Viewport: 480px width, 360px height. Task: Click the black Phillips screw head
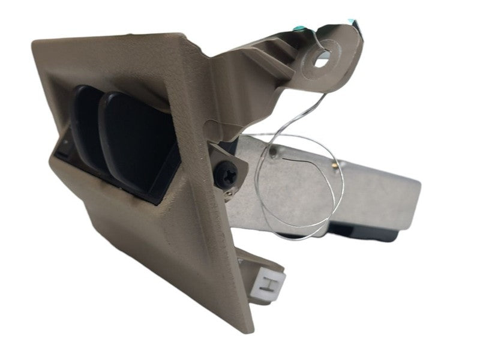point(226,175)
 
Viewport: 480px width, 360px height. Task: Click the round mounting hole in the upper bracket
point(320,61)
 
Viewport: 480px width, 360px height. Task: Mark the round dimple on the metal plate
point(274,151)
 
